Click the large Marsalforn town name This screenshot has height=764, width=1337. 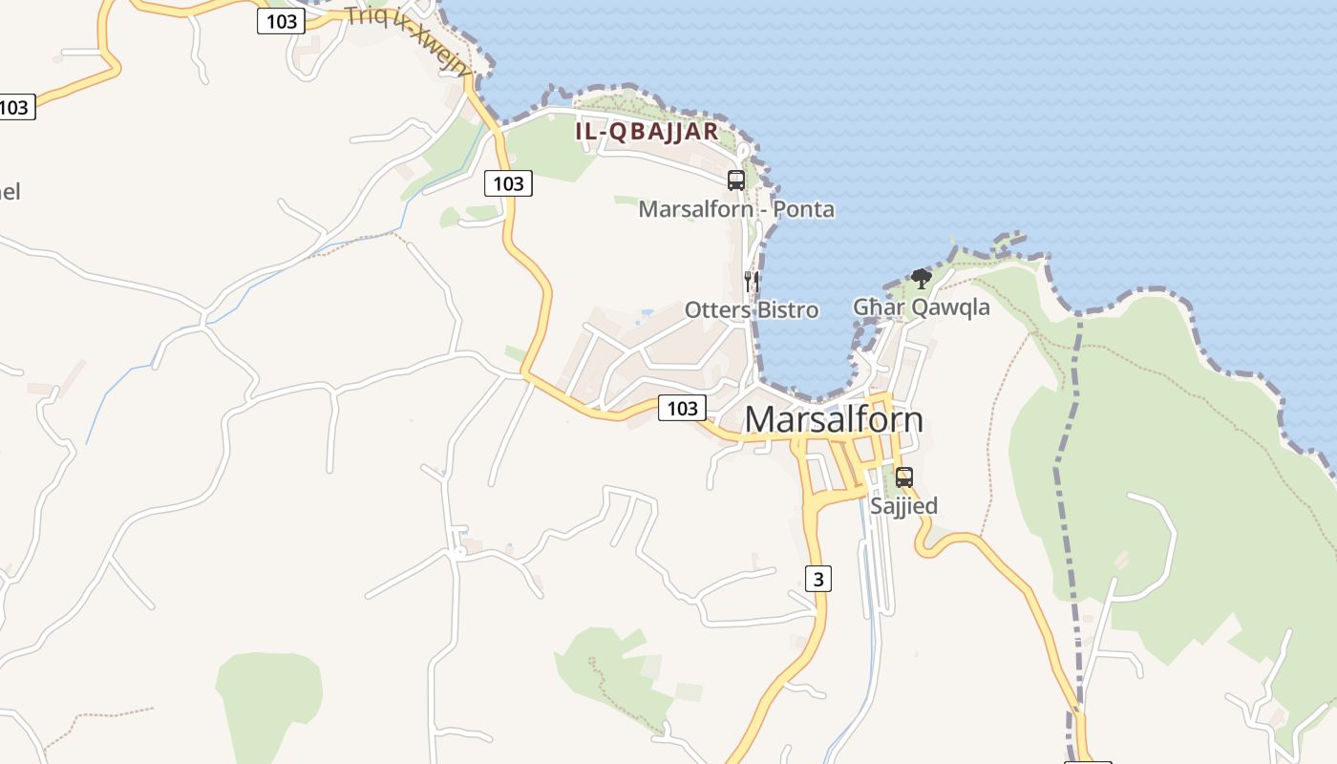pyautogui.click(x=834, y=420)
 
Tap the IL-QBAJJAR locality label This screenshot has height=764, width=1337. pyautogui.click(x=647, y=132)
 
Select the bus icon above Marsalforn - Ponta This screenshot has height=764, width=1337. pyautogui.click(x=736, y=180)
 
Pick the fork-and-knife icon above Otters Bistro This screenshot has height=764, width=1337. pyautogui.click(x=752, y=281)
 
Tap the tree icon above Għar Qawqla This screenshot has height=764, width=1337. pyautogui.click(x=921, y=278)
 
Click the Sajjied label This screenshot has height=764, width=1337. pyautogui.click(x=903, y=505)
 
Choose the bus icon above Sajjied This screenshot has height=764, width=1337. pyautogui.click(x=903, y=477)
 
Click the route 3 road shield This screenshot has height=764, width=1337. pyautogui.click(x=817, y=578)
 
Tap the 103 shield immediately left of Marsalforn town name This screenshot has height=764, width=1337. pyautogui.click(x=682, y=409)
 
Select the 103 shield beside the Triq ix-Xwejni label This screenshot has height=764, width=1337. pyautogui.click(x=281, y=21)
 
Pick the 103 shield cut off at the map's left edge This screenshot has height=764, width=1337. pyautogui.click(x=15, y=107)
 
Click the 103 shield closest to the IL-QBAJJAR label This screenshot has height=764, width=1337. pyautogui.click(x=508, y=183)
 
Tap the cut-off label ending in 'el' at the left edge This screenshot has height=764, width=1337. pyautogui.click(x=9, y=192)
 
